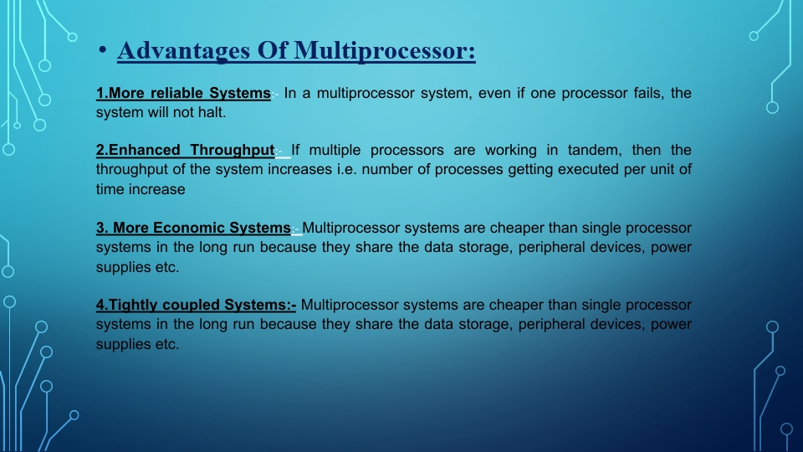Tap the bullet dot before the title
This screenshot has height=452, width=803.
[102, 52]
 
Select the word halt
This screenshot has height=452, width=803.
[212, 112]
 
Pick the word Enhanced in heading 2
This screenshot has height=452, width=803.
[138, 151]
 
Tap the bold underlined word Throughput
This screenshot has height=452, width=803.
[232, 151]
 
